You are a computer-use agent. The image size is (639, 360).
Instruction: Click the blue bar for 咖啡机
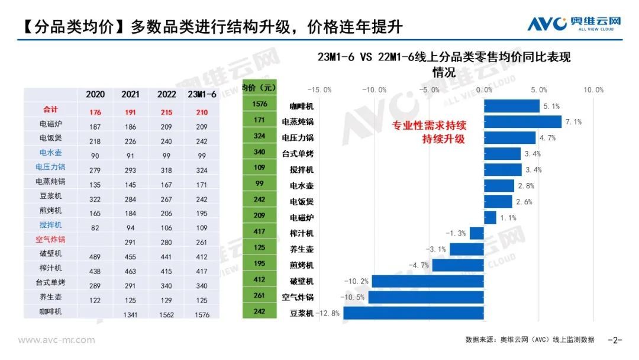coord(511,105)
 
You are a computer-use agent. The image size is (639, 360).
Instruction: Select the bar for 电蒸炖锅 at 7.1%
coord(522,121)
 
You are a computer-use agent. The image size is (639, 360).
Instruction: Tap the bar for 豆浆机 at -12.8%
coord(413,313)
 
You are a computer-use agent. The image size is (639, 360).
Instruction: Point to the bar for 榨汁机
coord(476,233)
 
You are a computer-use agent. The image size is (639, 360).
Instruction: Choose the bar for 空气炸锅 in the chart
coord(425,297)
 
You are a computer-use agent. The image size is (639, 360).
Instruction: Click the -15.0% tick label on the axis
coord(320,89)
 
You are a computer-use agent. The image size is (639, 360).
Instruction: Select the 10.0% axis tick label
coord(593,89)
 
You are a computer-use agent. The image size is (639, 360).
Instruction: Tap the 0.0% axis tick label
coord(484,89)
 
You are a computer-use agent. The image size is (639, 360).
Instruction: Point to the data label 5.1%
coord(551,107)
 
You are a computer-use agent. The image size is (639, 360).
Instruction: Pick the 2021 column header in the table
coord(130,94)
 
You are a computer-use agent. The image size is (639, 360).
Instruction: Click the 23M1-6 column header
coord(201,94)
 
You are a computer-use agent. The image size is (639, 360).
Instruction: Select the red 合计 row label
coord(51,110)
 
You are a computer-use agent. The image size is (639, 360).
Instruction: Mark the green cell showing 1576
coord(260,104)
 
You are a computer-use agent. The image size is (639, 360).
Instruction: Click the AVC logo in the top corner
coord(575,23)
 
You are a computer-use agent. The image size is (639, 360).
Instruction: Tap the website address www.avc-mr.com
coord(56,340)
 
